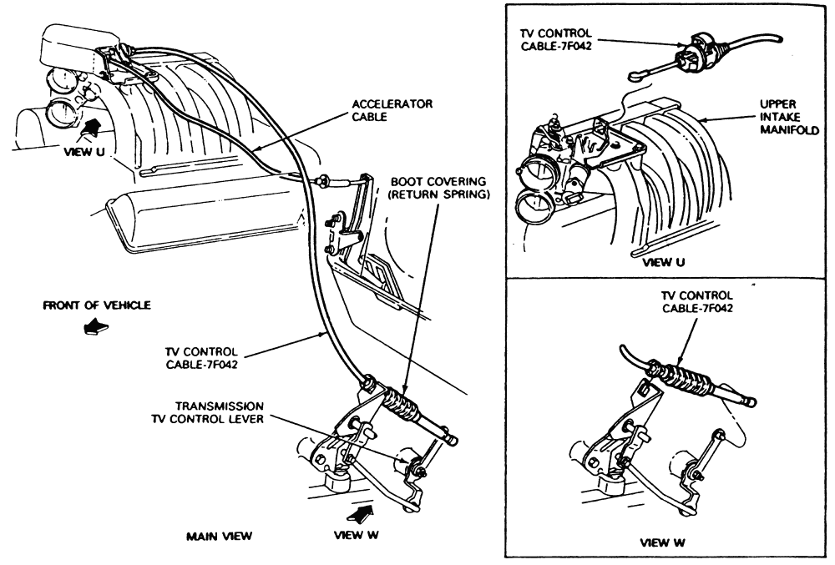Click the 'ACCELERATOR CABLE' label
click(x=392, y=109)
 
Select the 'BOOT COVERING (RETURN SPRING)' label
click(x=439, y=188)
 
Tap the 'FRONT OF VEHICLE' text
click(x=97, y=305)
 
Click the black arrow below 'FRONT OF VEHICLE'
click(x=96, y=326)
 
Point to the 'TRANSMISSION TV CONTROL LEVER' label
click(x=208, y=412)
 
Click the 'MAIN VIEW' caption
click(x=220, y=537)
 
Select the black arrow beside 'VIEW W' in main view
click(x=361, y=514)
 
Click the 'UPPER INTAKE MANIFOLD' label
click(x=789, y=117)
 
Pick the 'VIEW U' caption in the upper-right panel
click(x=664, y=262)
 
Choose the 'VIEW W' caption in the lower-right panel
click(x=662, y=542)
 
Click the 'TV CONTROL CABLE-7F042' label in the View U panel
click(x=556, y=39)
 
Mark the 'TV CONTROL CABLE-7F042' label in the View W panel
click(x=697, y=301)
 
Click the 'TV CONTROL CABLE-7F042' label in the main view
click(x=202, y=358)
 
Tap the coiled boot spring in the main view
click(x=402, y=401)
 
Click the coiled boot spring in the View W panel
click(x=683, y=379)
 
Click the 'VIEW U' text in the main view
click(x=84, y=152)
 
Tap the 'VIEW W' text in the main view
click(x=357, y=535)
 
